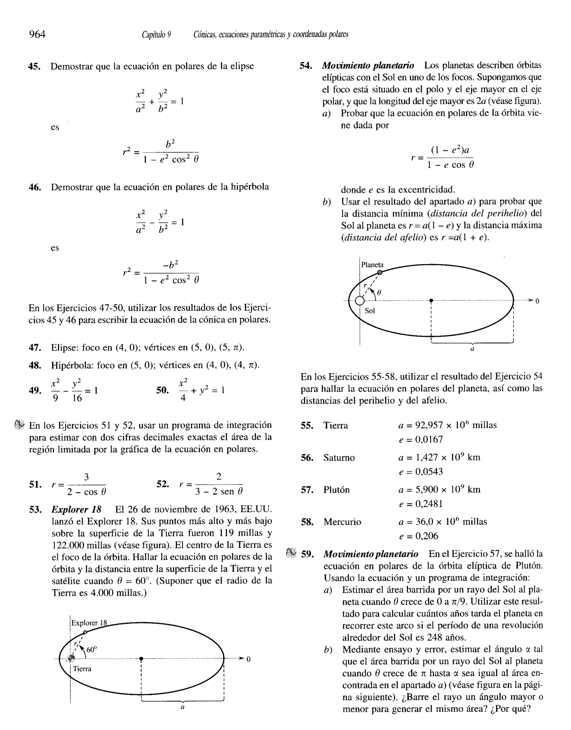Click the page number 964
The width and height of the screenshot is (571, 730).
point(37,34)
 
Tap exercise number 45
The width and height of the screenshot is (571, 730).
point(35,66)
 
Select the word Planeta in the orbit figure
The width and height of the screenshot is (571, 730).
point(372,265)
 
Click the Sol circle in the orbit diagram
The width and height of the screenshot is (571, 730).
point(359,301)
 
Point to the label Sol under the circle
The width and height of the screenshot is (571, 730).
point(369,311)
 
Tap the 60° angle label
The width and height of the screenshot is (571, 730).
point(92,650)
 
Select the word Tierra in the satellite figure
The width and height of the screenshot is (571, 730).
point(82,669)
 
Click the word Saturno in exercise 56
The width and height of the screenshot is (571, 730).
point(339,458)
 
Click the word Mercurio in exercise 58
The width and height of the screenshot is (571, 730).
point(342,522)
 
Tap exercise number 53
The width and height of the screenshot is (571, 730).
point(35,509)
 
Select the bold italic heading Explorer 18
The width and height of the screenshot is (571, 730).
point(76,509)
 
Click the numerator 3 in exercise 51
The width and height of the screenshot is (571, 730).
point(86,477)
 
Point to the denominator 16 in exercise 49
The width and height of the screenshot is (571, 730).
point(77,398)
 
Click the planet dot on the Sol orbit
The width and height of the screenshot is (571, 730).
point(380,272)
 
